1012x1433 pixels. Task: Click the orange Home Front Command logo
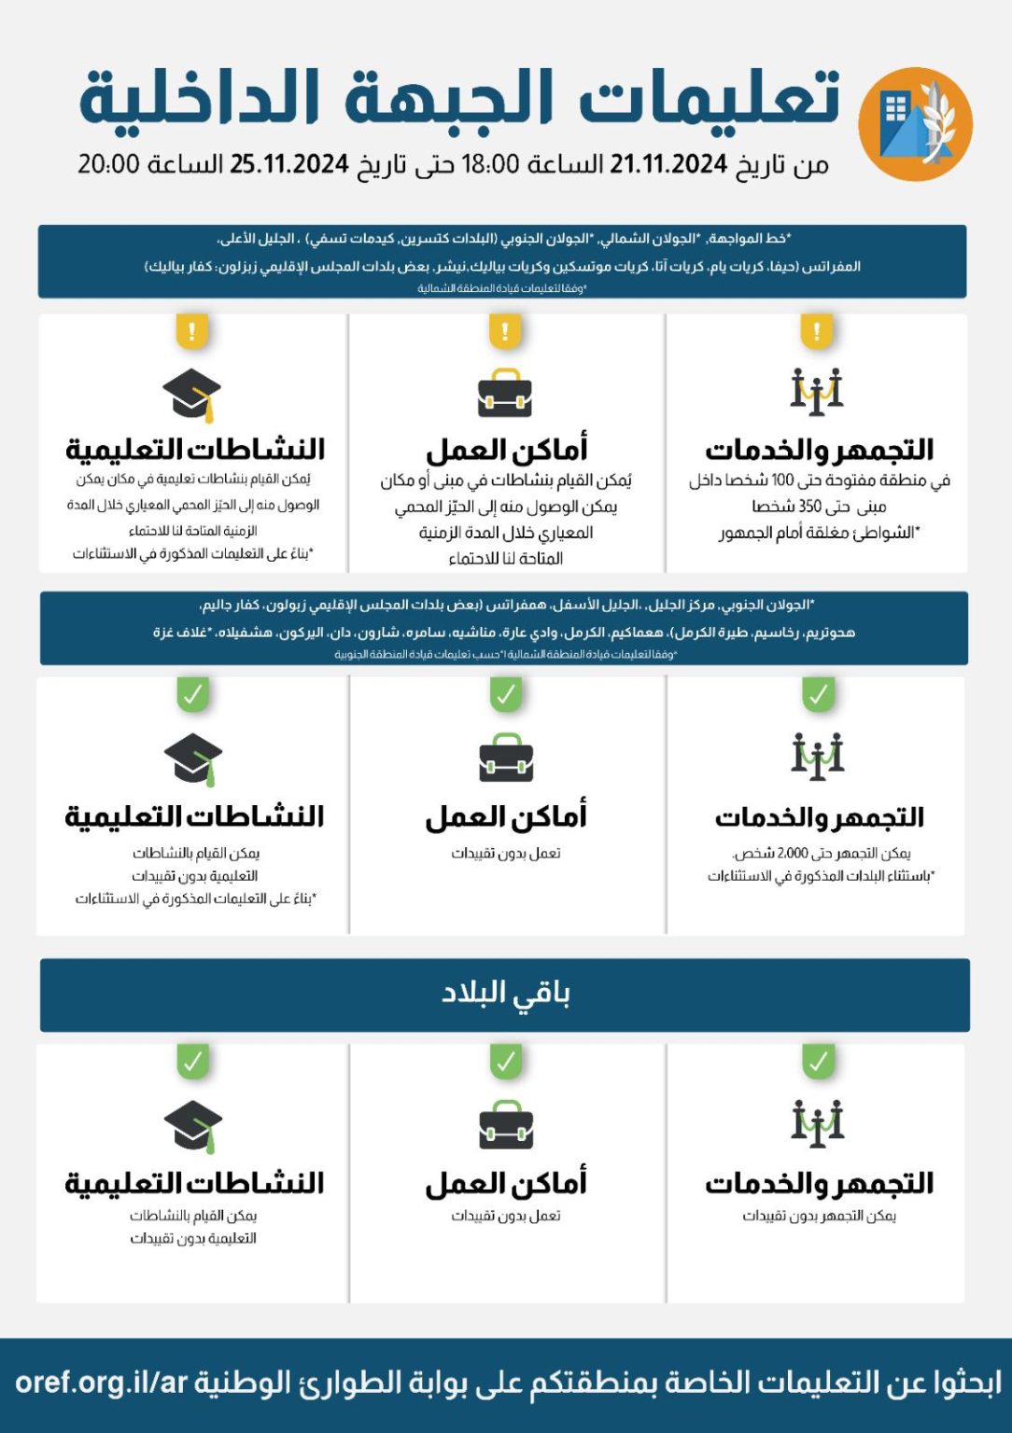point(915,123)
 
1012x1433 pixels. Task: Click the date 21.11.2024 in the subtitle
point(668,164)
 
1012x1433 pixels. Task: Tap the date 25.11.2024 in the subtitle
point(289,164)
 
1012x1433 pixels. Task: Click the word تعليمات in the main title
point(710,98)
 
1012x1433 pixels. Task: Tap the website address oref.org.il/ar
point(102,1382)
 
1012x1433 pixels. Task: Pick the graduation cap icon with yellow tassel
point(192,394)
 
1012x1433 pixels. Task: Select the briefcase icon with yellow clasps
point(505,394)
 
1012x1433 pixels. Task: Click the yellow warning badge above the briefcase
point(505,331)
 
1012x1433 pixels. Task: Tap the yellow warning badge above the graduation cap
point(192,331)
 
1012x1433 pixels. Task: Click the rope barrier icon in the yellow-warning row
point(817,392)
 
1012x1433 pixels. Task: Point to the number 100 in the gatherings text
point(782,480)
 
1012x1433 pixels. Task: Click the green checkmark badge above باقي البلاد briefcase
point(505,1062)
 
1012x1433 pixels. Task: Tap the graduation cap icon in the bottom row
point(192,1126)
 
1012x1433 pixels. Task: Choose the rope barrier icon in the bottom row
point(817,1122)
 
